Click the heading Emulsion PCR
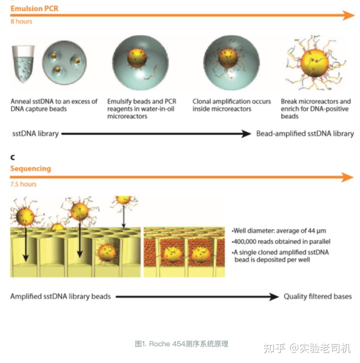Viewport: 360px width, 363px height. click(x=34, y=8)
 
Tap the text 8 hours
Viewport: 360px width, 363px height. click(x=21, y=21)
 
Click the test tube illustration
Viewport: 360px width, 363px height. click(x=23, y=63)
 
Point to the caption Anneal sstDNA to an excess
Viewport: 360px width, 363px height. click(x=54, y=105)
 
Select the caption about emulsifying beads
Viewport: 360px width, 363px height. click(x=142, y=109)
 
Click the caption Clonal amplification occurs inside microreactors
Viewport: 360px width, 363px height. click(x=232, y=105)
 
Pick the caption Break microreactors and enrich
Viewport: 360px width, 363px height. click(x=315, y=109)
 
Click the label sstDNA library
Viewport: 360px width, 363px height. click(x=35, y=134)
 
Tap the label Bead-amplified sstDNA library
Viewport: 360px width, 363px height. click(x=305, y=134)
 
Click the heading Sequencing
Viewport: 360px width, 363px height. click(x=31, y=169)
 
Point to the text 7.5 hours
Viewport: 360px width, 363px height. click(x=23, y=184)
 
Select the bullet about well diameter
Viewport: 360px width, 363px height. click(x=279, y=231)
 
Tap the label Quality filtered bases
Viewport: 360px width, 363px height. click(x=318, y=296)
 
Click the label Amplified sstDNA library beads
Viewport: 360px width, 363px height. click(x=60, y=296)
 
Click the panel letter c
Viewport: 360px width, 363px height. click(x=13, y=157)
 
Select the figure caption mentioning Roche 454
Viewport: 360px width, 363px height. click(x=182, y=344)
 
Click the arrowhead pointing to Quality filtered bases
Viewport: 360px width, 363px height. click(x=274, y=296)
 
